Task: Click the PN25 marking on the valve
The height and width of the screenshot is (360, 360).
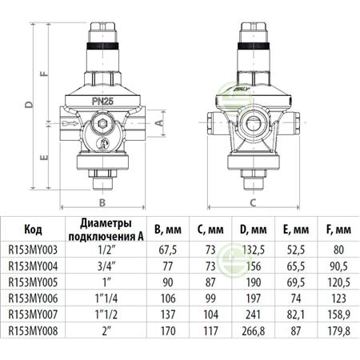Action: pyautogui.click(x=102, y=102)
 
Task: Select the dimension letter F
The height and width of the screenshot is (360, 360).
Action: pyautogui.click(x=45, y=74)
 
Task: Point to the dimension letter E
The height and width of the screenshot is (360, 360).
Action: pyautogui.click(x=45, y=157)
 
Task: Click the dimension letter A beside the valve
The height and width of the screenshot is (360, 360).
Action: pyautogui.click(x=159, y=122)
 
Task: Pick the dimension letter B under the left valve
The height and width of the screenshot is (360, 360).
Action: pyautogui.click(x=102, y=202)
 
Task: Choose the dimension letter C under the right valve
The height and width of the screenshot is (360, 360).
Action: pyautogui.click(x=253, y=202)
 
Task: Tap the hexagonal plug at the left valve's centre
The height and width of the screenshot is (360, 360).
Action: pyautogui.click(x=102, y=123)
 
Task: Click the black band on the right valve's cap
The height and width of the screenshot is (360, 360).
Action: pyautogui.click(x=254, y=46)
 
